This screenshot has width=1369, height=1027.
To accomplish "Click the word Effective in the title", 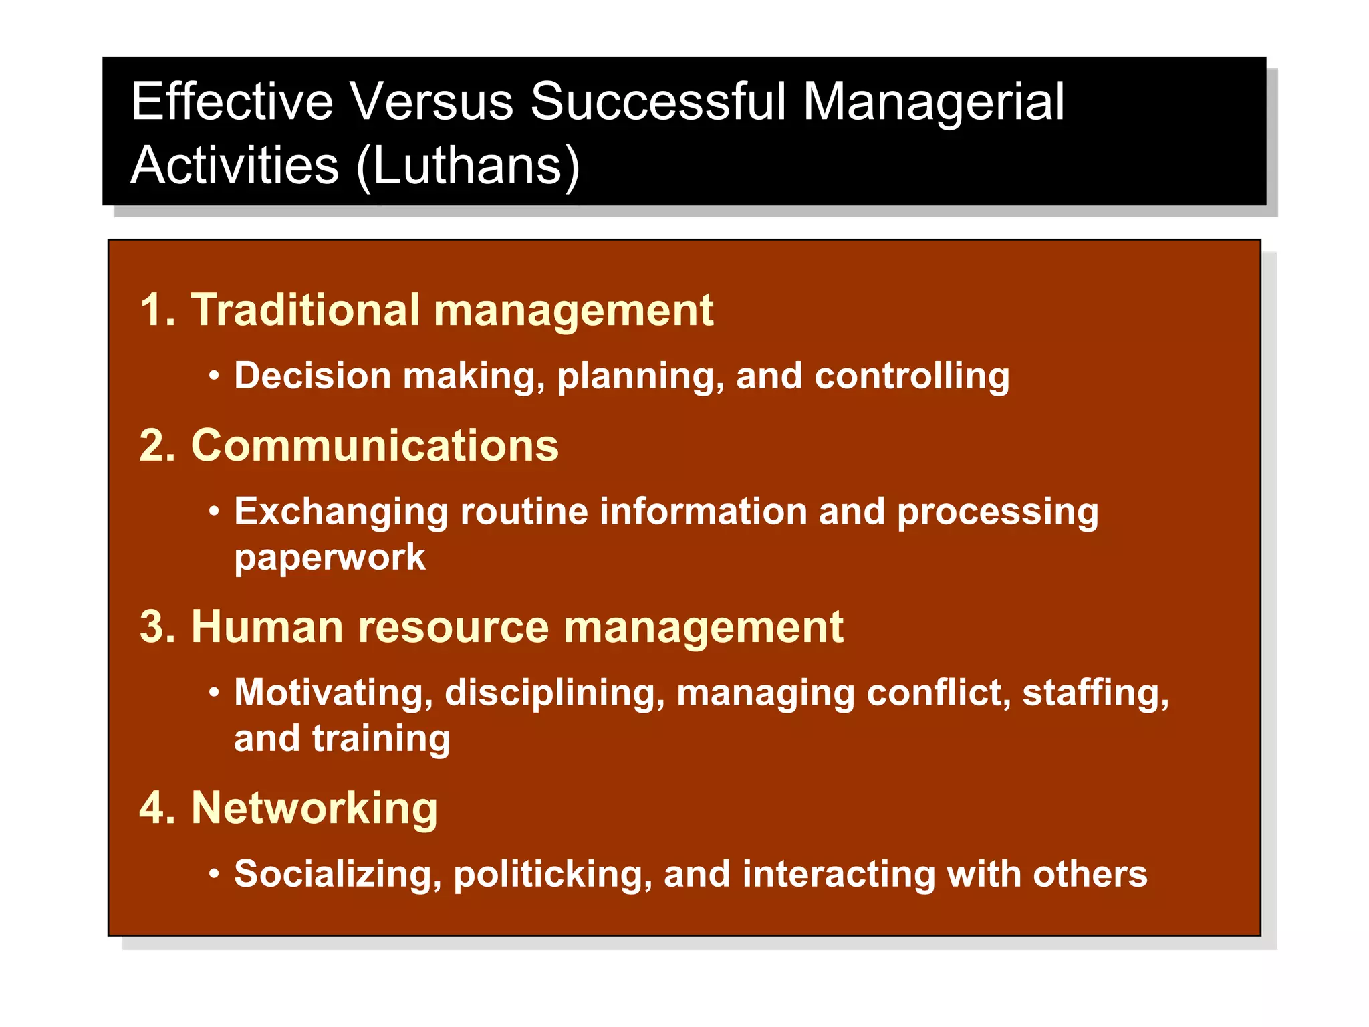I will point(231,102).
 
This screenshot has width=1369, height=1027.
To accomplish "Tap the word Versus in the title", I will point(431,102).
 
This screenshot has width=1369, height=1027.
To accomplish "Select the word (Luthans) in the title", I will point(468,166).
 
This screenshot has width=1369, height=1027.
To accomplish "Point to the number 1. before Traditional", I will point(157,310).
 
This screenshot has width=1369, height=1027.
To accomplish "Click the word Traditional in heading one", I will point(305,310).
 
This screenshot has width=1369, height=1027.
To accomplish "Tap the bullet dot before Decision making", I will point(214,376).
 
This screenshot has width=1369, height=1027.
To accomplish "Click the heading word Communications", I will point(374,445).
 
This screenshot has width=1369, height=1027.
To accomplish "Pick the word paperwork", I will point(330,558).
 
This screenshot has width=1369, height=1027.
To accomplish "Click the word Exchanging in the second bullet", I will point(341,513).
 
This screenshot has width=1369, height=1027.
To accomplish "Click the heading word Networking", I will point(314,808).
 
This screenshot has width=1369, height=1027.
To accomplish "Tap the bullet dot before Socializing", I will point(214,874).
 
